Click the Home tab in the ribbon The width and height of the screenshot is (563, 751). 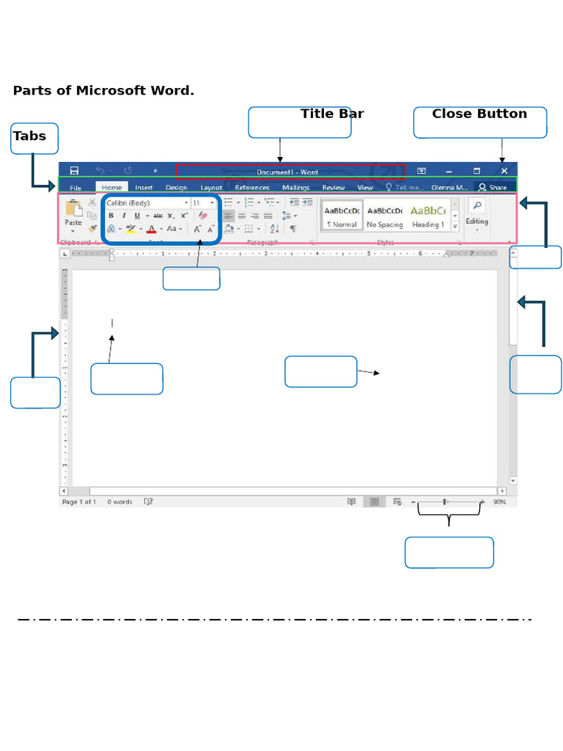point(111,188)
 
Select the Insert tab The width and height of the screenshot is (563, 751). point(144,188)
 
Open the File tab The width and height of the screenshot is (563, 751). point(76,188)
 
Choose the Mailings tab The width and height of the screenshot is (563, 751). point(295,188)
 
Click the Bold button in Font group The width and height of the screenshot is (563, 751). point(111,216)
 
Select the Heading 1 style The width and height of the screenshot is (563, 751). point(428,215)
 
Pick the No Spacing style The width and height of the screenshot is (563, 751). point(385,215)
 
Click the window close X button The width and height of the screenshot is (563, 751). point(504,171)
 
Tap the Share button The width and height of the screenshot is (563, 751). point(493,188)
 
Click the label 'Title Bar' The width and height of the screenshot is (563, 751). point(332,114)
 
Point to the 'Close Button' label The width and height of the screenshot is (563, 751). point(479,114)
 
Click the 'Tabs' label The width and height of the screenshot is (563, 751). point(29,136)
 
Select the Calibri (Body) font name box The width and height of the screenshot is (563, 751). point(144,202)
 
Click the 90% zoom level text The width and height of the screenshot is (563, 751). point(499,502)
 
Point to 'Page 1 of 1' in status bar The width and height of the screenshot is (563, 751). point(79,502)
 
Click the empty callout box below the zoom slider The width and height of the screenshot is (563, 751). point(449,552)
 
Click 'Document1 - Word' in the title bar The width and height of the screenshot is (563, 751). point(287,172)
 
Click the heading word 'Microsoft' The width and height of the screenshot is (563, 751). point(106,91)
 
